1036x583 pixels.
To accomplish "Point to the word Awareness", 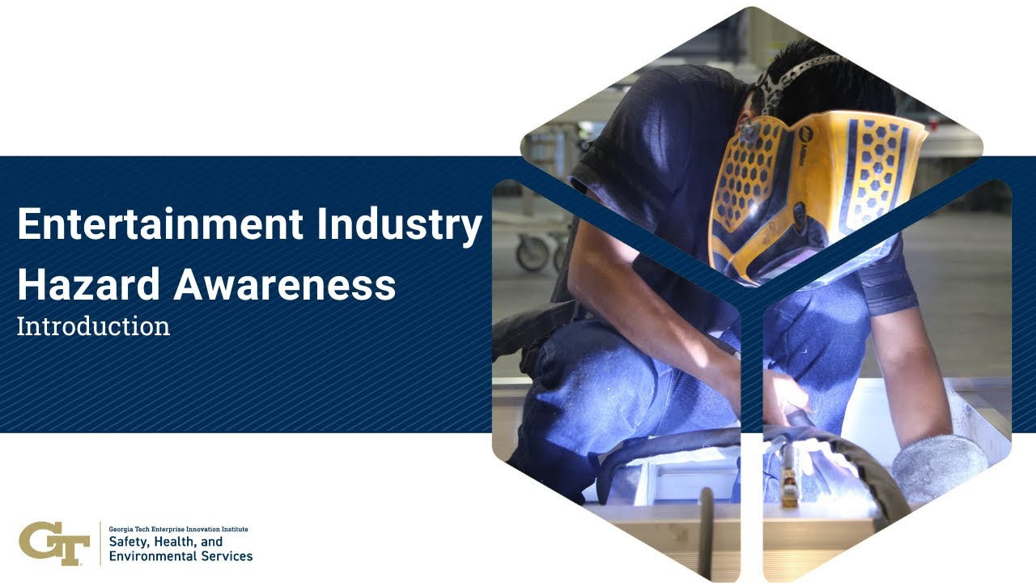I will point(284,284).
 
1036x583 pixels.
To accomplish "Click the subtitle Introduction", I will point(93,326).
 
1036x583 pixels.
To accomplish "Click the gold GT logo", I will point(53,543).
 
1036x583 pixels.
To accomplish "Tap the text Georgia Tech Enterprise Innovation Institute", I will point(178,529).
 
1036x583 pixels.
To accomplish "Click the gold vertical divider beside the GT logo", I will point(100,543).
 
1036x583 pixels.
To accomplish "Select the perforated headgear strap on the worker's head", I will point(789,73).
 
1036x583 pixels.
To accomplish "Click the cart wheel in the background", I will point(532,253).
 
